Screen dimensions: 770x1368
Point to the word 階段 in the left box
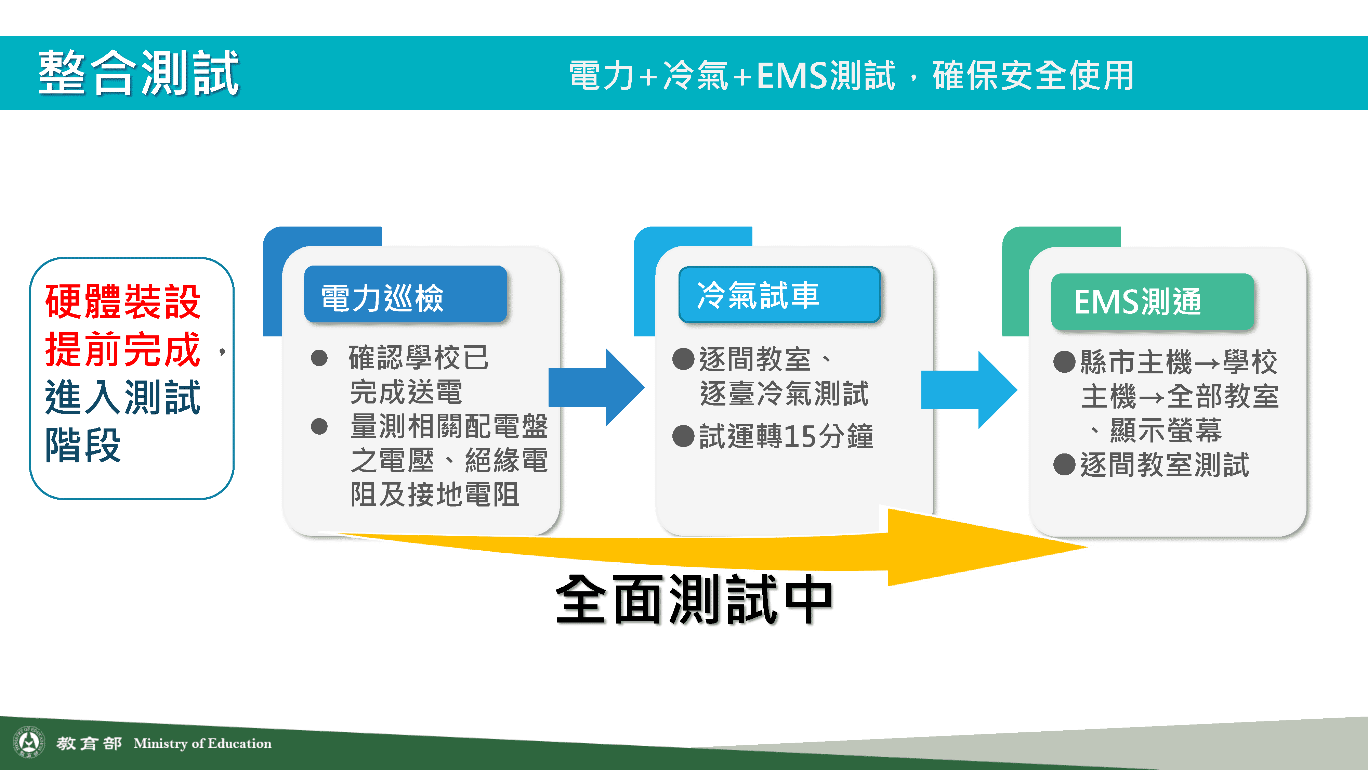[x=83, y=445]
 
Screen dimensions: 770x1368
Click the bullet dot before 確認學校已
[x=319, y=358]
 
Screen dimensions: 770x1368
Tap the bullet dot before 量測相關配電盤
[x=319, y=426]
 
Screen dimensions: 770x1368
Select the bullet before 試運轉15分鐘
[x=683, y=436]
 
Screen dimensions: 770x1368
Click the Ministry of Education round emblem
[x=29, y=742]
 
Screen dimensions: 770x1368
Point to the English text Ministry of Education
[x=202, y=743]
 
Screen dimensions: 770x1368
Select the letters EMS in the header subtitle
[x=792, y=75]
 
